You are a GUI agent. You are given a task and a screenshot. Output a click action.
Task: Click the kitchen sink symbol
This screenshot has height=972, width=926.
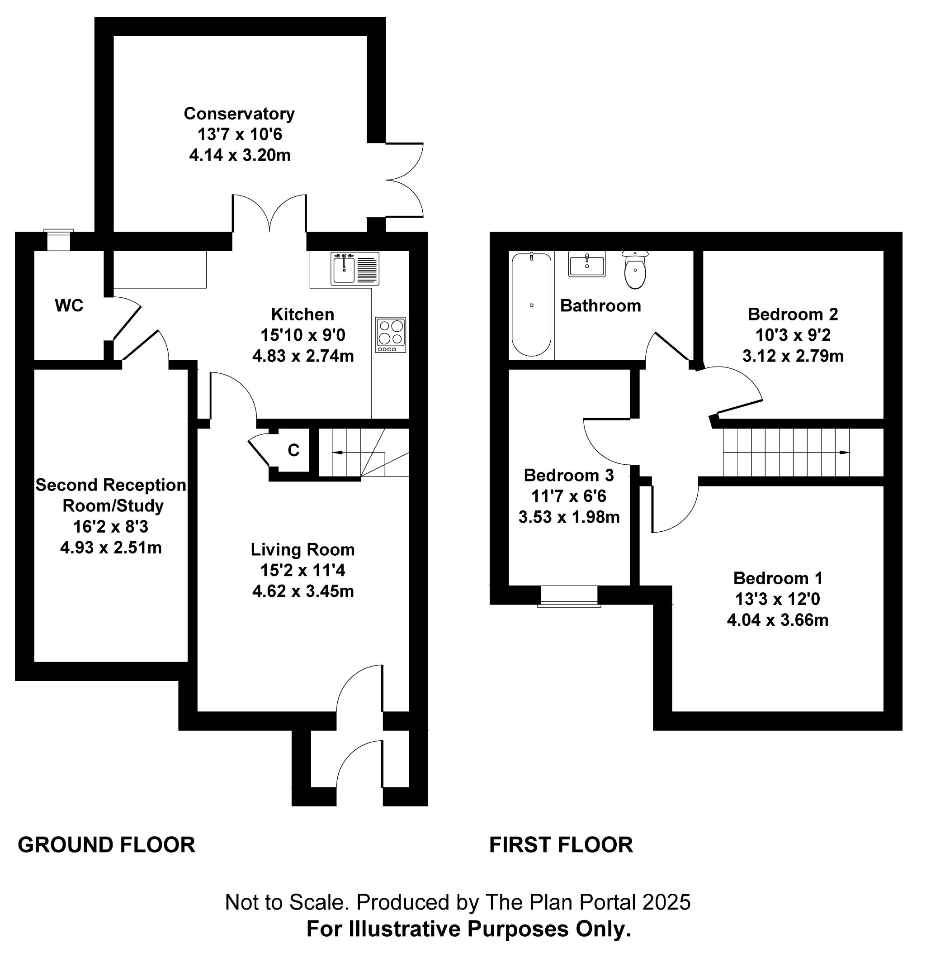[x=355, y=269]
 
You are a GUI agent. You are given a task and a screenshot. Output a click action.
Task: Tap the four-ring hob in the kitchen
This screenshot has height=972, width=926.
[x=391, y=335]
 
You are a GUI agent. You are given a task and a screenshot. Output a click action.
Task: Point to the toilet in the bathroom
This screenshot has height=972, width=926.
[x=635, y=270]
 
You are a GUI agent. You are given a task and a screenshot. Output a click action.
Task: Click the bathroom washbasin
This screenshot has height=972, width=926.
[x=587, y=264]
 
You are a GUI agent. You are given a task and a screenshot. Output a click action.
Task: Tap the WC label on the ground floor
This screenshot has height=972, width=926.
[x=69, y=306]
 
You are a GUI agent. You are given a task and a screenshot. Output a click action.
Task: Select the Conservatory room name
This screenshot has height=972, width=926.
[x=239, y=114]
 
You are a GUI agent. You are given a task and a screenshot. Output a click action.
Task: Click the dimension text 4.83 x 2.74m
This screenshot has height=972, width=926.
[x=303, y=356]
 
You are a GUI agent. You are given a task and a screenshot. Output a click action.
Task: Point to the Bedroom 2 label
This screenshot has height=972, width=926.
[x=793, y=314]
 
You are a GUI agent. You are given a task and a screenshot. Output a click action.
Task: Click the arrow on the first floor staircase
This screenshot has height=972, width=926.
[x=787, y=453]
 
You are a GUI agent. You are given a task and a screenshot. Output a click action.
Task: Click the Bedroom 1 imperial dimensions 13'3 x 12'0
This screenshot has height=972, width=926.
[x=777, y=599]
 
